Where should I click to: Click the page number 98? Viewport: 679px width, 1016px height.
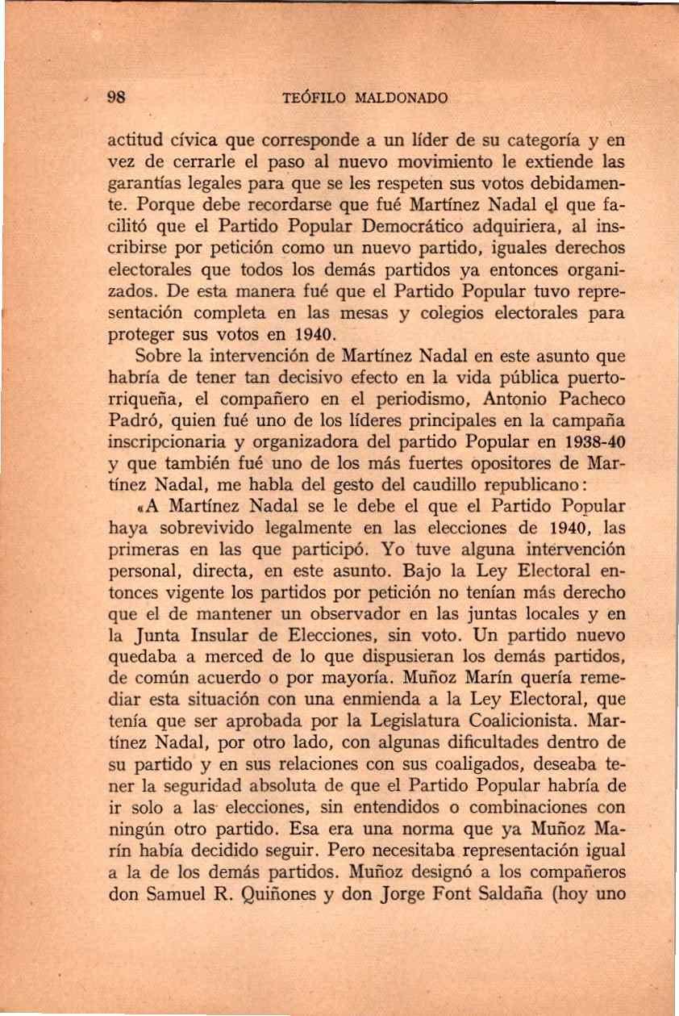(x=119, y=99)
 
